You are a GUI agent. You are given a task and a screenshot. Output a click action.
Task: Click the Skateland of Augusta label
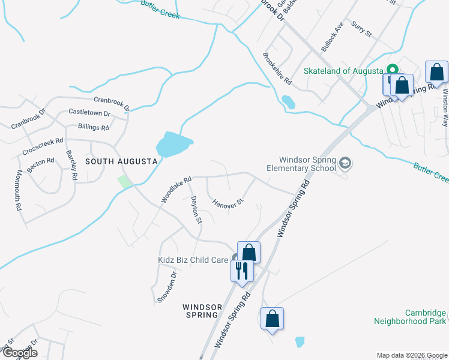[x=343, y=70]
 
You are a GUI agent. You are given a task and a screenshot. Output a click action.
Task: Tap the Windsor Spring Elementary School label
[x=304, y=164]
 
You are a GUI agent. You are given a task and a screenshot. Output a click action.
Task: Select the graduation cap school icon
[x=345, y=163]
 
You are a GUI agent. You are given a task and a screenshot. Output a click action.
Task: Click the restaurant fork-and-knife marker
[x=242, y=270]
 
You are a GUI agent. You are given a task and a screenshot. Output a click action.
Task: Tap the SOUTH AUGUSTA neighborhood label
[x=121, y=161]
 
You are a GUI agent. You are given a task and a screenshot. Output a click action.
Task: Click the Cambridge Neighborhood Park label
[x=411, y=317]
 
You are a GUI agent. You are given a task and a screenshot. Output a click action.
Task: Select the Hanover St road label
[x=228, y=202]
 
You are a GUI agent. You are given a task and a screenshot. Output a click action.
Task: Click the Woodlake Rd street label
[x=175, y=188]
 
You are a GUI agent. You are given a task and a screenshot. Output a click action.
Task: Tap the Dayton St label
[x=196, y=210]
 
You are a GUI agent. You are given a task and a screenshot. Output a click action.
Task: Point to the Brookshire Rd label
[x=277, y=68]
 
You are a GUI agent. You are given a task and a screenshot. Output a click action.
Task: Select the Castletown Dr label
[x=89, y=112]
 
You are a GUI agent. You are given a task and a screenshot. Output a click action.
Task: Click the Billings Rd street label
[x=94, y=127]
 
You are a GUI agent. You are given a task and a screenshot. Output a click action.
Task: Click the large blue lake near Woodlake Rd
[x=173, y=145]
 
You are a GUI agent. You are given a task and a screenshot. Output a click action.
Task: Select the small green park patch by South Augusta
[x=125, y=181]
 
